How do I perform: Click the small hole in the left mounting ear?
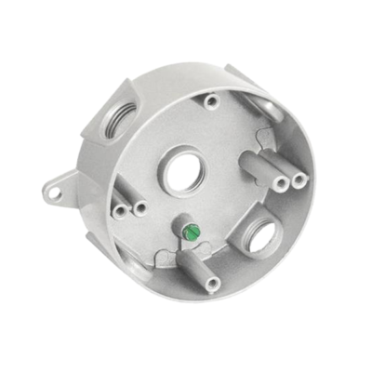pyautogui.click(x=55, y=193)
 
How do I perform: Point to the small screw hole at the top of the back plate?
pyautogui.click(x=214, y=100)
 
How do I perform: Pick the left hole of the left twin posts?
pyautogui.click(x=119, y=211)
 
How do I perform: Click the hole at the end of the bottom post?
pyautogui.click(x=213, y=286)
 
